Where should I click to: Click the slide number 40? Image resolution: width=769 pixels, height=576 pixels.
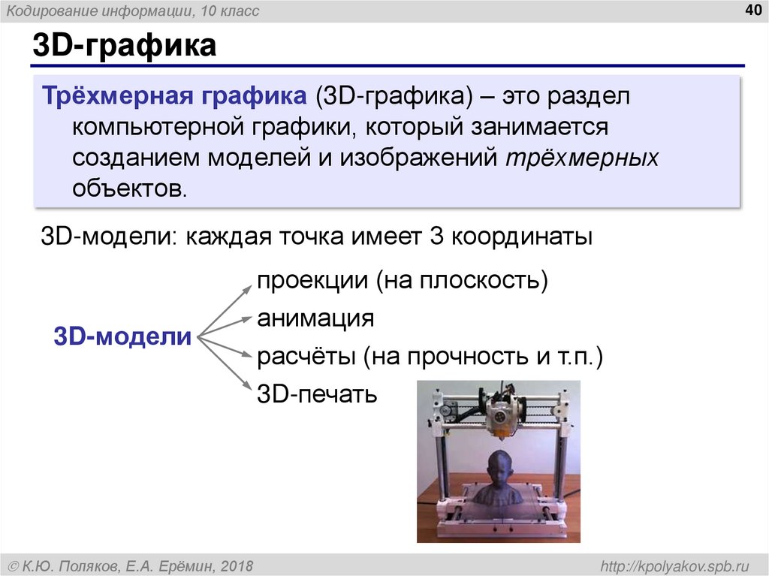tap(752, 10)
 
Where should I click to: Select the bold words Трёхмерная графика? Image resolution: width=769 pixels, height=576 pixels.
tap(173, 97)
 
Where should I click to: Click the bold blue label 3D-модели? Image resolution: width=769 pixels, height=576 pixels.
tap(122, 336)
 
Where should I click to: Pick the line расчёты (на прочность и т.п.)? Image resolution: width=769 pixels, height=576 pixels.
tap(430, 356)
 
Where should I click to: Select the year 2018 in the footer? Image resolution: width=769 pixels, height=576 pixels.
tap(237, 565)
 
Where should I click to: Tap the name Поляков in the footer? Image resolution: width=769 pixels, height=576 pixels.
tap(89, 565)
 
